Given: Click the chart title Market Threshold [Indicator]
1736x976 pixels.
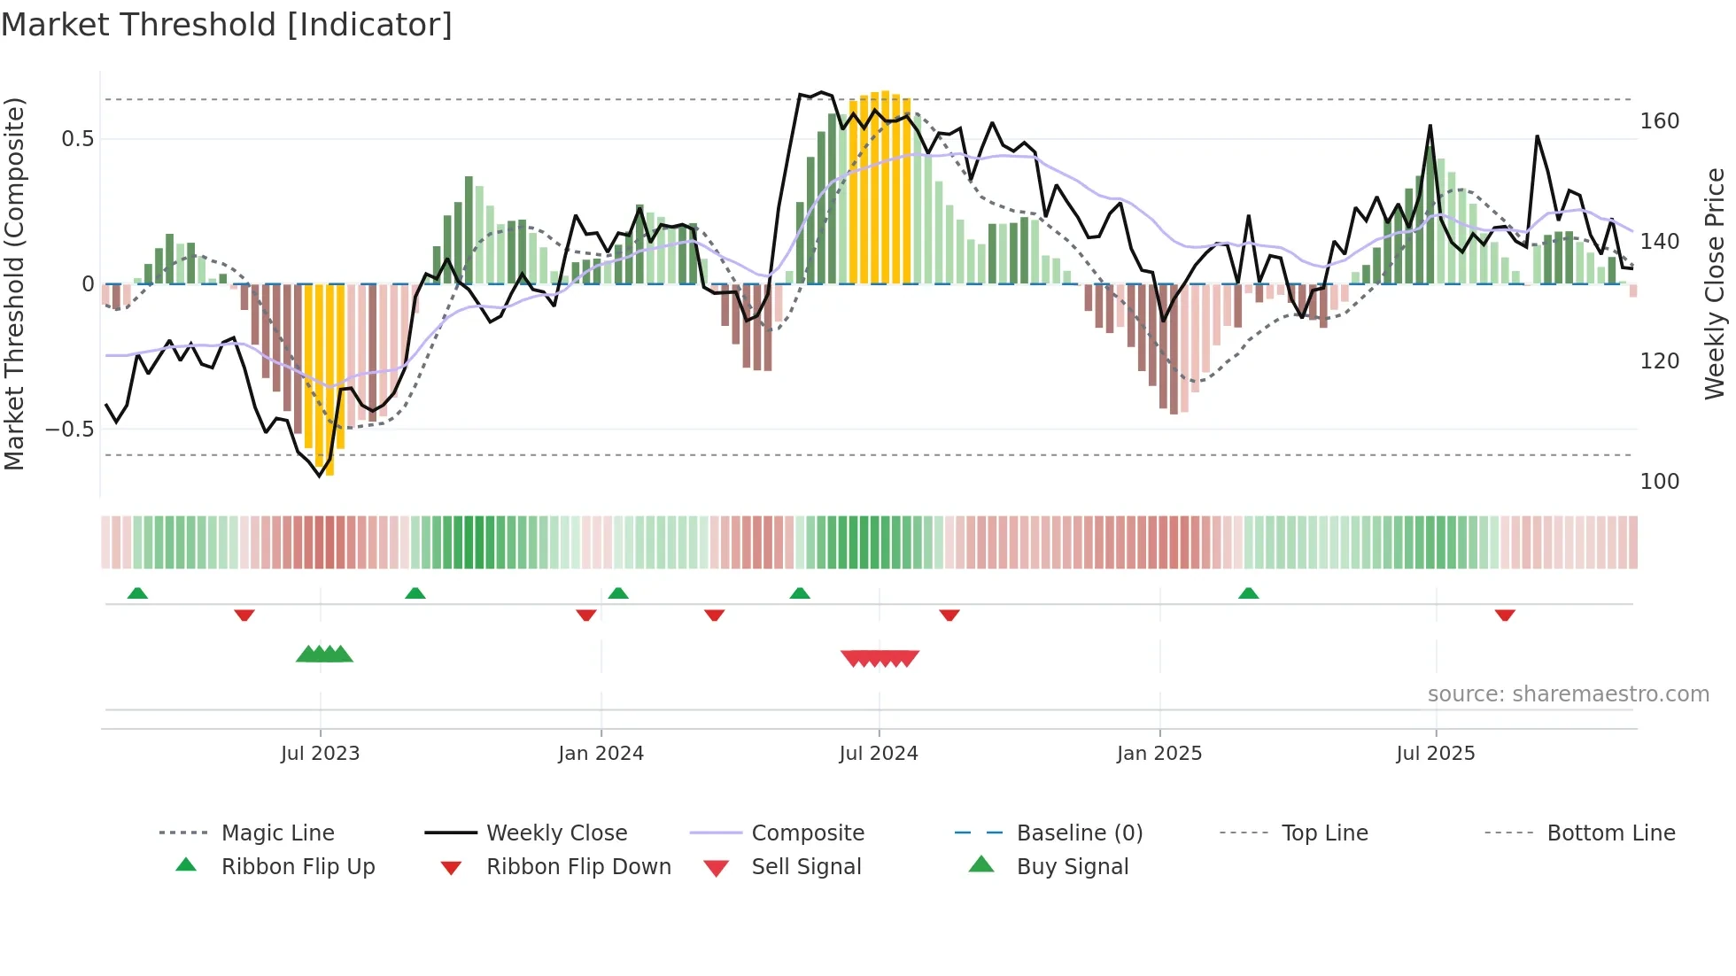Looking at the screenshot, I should pos(227,25).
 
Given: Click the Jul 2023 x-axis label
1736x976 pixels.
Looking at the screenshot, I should pos(320,754).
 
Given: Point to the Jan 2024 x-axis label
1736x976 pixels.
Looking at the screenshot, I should pos(601,754).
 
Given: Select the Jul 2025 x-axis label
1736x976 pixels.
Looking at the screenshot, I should pos(1435,754).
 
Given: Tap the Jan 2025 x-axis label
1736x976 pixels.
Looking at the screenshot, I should pos(1159,754).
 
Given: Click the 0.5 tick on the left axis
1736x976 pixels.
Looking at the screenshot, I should pos(77,139).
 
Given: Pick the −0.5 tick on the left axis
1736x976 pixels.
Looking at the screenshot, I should pos(70,430).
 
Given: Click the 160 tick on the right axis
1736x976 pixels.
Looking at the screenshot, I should pos(1659,121).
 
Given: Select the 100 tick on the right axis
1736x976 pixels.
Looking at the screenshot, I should pos(1659,482).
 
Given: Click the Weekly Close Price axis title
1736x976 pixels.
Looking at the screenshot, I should pos(1715,283).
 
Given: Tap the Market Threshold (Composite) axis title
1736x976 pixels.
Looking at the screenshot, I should pos(14,283).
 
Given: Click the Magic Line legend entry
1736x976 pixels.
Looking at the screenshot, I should pos(277,833).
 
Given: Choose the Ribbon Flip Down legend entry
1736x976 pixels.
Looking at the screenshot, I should pos(578,867).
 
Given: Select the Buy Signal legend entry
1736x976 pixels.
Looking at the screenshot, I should pos(1072,867).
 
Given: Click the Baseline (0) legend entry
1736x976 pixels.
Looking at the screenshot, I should pos(1079,833).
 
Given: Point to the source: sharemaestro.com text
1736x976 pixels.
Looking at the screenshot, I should pos(1568,694).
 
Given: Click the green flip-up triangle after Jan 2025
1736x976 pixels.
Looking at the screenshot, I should pos(1248,593).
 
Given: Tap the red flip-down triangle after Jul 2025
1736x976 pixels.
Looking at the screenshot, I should pos(1504,615).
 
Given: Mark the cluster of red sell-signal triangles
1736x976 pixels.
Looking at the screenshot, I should pos(880,658).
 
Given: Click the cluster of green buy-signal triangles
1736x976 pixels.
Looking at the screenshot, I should pos(324,655).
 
